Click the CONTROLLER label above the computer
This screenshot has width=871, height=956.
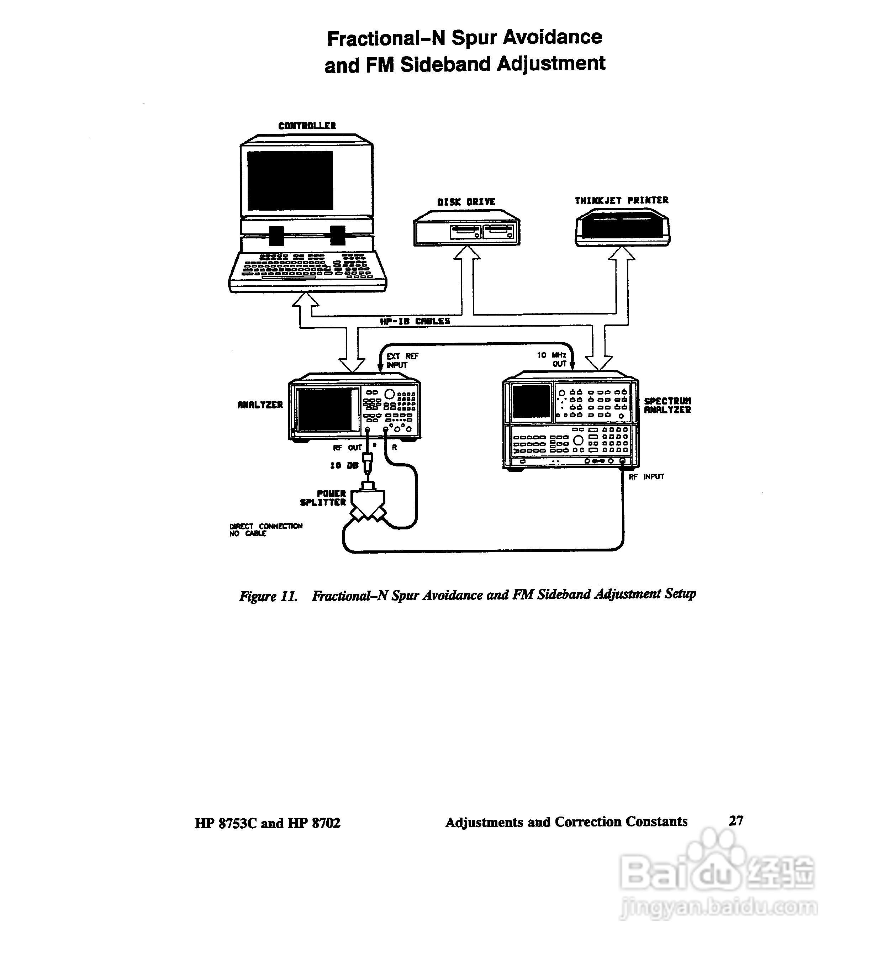coord(307,126)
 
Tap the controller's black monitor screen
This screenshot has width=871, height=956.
coord(290,180)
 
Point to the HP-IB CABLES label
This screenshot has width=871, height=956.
coord(415,321)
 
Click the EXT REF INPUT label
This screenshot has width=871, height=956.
coord(402,360)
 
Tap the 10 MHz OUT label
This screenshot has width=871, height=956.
coord(552,359)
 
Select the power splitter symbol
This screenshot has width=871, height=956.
coord(368,503)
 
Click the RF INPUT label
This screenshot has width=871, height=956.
coord(646,477)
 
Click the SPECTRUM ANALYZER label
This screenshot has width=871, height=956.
coord(667,406)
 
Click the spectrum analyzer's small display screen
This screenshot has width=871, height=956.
coord(532,401)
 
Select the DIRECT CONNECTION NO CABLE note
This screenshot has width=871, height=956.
coord(265,530)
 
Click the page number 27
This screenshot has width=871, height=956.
coord(736,820)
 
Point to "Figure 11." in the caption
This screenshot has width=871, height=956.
coord(268,596)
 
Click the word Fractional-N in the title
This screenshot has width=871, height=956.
coord(386,38)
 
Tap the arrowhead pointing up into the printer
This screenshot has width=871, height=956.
coord(622,254)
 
